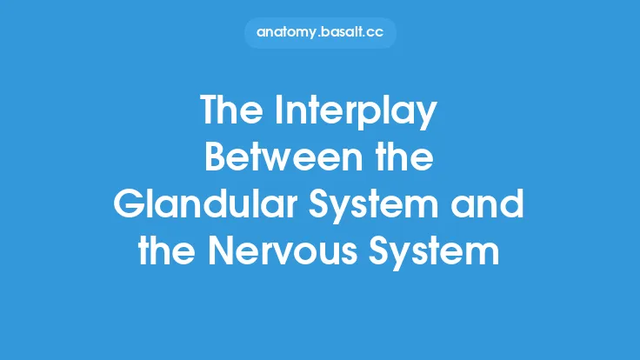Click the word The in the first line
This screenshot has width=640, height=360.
[x=229, y=111]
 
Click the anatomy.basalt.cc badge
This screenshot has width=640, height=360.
[x=320, y=32]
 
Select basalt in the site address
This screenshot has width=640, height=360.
[x=342, y=32]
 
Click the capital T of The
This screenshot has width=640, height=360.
[x=210, y=111]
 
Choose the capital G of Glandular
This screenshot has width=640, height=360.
[x=129, y=206]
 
